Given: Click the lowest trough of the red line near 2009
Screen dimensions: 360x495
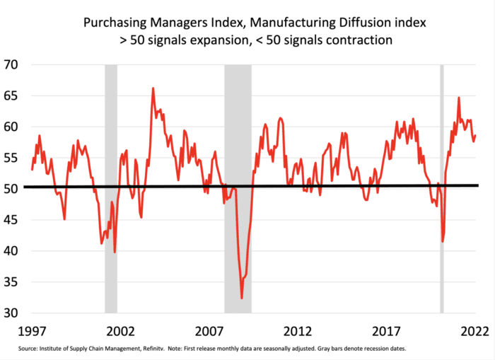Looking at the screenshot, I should tap(242, 298).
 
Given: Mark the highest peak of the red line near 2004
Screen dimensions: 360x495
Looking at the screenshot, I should tap(153, 88).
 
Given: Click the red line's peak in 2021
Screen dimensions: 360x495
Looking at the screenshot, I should tap(459, 98).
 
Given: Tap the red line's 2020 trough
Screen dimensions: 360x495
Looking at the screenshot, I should tap(443, 242).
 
